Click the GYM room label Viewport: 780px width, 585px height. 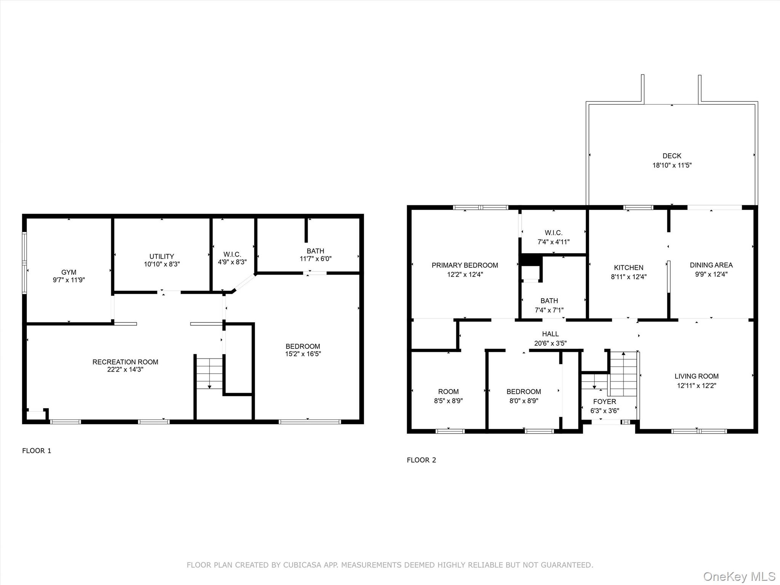[x=69, y=272]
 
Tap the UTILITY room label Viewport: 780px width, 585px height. [x=162, y=256]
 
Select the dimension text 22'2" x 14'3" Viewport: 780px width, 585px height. [x=125, y=369]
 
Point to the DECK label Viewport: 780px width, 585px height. [x=672, y=156]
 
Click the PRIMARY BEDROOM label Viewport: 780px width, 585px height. [x=465, y=265]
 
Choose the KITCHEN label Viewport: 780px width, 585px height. [x=628, y=268]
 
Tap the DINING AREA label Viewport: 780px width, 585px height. [x=711, y=265]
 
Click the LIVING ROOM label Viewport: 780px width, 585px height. [x=697, y=376]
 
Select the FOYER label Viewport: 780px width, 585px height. [x=604, y=401]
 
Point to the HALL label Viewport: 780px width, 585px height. [x=550, y=334]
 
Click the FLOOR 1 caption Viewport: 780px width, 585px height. [x=37, y=451]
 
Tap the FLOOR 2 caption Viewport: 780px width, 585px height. [x=421, y=460]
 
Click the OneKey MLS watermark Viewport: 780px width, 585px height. [x=739, y=576]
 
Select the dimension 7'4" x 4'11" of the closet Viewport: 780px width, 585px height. [x=553, y=242]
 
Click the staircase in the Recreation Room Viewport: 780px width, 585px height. [x=209, y=373]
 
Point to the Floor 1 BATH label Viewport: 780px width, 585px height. [x=315, y=251]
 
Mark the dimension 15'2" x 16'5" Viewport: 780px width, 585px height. [x=303, y=354]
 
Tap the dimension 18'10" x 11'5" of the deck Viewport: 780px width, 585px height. [x=672, y=165]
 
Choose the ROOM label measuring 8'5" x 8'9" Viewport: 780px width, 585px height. [x=448, y=392]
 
